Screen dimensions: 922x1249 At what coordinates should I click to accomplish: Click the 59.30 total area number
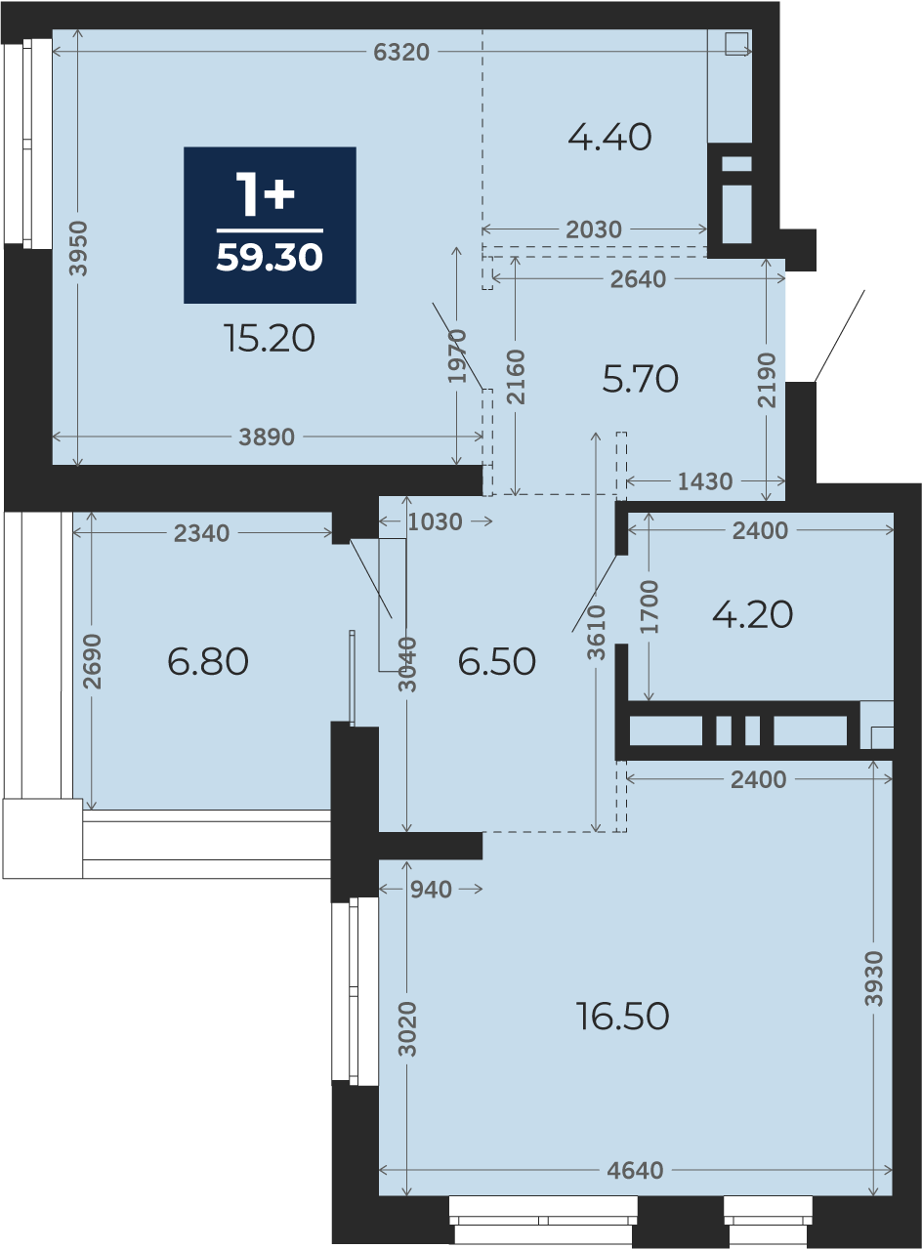pos(270,258)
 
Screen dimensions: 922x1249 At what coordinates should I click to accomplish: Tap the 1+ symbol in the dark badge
pos(265,194)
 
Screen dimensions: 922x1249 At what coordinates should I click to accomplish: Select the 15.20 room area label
pos(270,339)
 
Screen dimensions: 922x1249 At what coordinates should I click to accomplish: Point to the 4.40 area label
pos(609,138)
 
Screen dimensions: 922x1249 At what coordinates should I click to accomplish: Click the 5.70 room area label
pos(641,379)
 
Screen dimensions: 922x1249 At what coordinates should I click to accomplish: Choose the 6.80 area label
pos(208,662)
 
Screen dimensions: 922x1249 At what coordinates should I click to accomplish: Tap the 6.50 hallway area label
pos(497,662)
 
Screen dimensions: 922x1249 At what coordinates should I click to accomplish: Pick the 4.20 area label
pos(752,614)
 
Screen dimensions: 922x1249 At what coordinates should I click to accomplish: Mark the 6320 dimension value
pos(401,53)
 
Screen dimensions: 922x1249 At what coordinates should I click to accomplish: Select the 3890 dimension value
pos(267,437)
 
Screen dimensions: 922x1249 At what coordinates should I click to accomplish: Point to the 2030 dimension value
pos(594,229)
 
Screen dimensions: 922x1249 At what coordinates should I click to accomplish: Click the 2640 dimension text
pos(638,279)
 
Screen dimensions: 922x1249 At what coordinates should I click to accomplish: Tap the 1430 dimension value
pos(705,481)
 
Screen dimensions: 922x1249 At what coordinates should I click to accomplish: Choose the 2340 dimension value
pos(201,533)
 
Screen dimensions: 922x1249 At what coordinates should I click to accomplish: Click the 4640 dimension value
pos(635,1171)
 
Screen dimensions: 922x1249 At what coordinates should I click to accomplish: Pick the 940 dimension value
pos(431,890)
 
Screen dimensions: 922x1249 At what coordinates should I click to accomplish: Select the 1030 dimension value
pos(435,522)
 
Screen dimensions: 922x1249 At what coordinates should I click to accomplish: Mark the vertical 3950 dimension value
pos(78,248)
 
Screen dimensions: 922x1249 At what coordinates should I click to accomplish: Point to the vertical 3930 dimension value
pos(873,978)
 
